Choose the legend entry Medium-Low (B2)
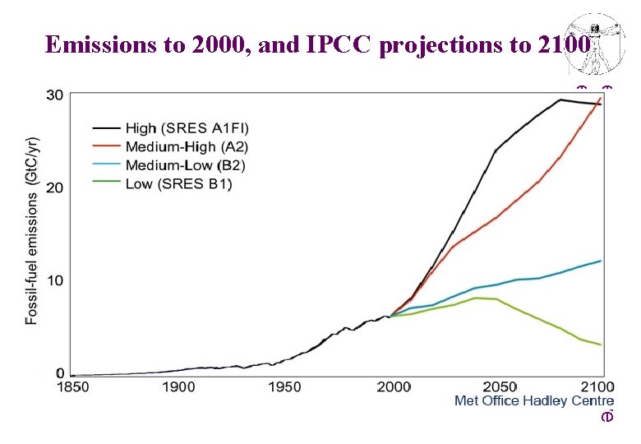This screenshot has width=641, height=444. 185,165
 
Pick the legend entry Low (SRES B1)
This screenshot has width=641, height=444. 178,184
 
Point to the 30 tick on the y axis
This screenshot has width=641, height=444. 54,95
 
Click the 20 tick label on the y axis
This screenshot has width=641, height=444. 54,188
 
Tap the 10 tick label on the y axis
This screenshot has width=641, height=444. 54,281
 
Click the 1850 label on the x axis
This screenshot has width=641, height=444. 72,386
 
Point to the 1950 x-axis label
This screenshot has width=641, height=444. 284,386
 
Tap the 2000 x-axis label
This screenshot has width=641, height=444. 394,386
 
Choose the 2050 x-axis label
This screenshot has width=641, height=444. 500,386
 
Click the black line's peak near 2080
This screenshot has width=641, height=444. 560,100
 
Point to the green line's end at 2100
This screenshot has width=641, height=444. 601,345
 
